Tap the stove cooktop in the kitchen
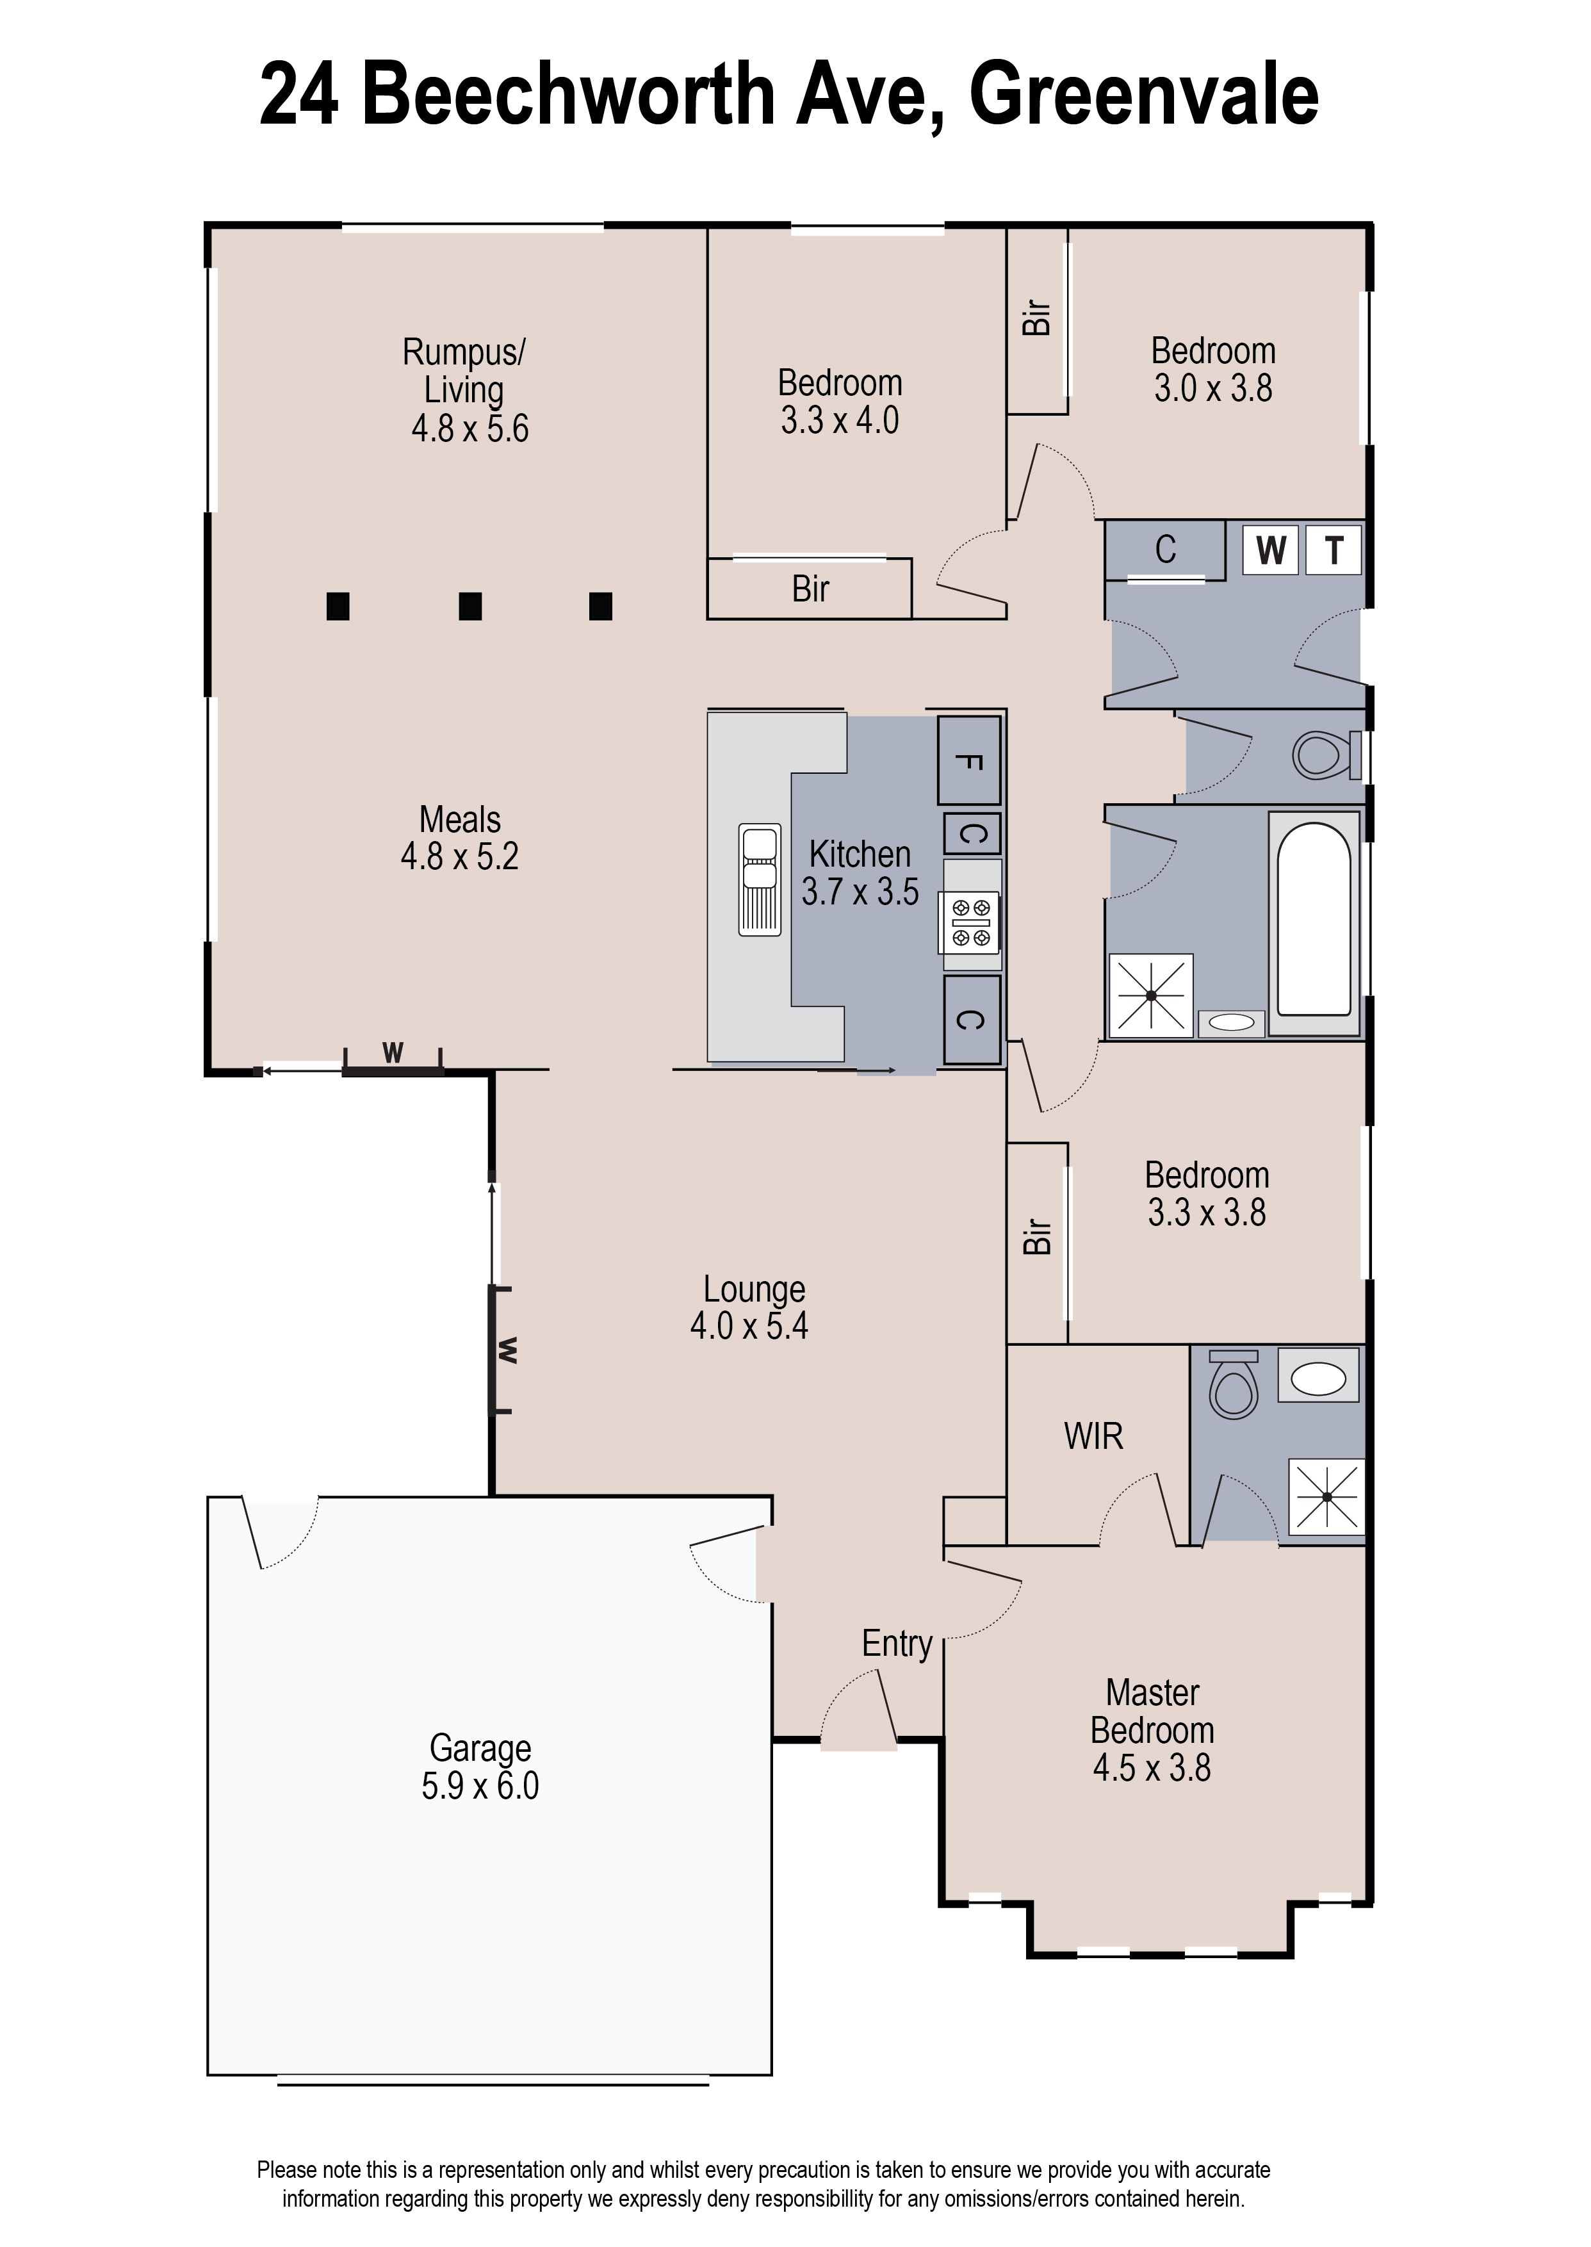tap(970, 923)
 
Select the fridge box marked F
tap(969, 761)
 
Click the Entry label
tap(897, 1644)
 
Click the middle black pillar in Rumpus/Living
tap(470, 607)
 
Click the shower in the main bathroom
tap(1150, 995)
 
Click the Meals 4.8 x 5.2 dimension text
tap(459, 857)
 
